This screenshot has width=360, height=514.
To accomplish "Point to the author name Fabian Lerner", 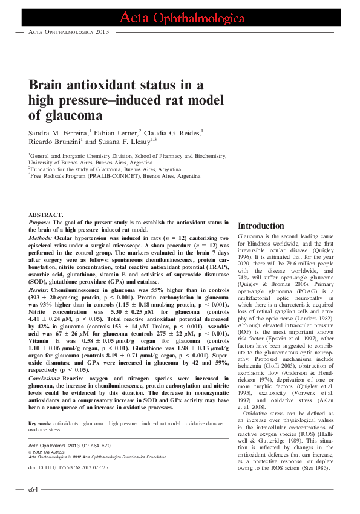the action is [x=115, y=132].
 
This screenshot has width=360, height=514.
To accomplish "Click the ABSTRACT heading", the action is [x=45, y=215].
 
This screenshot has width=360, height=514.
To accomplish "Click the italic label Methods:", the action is [x=42, y=238].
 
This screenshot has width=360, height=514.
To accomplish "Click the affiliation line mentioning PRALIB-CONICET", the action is [x=114, y=176].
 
